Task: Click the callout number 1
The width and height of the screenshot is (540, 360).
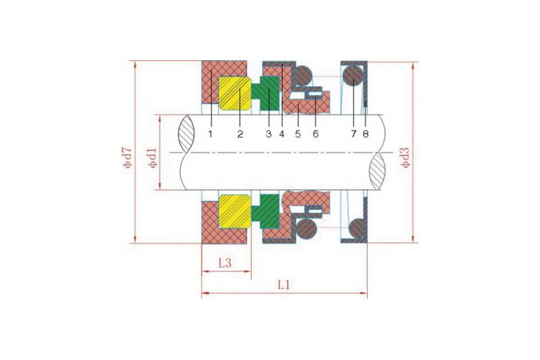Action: tap(211, 134)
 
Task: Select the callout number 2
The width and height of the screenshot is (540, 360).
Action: tap(240, 134)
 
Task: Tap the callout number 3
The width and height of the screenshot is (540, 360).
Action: tap(268, 134)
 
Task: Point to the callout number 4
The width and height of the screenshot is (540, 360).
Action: tap(282, 134)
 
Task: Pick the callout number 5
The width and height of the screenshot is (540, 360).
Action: tap(298, 134)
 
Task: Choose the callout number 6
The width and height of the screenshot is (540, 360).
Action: tap(315, 134)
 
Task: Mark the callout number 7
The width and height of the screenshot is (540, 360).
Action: tap(354, 134)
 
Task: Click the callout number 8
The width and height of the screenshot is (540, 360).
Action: tap(365, 134)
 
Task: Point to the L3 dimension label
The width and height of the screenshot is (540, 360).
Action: tap(225, 263)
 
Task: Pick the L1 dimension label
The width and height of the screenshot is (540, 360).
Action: tap(284, 285)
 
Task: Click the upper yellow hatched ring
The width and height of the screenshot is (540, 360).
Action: tap(235, 94)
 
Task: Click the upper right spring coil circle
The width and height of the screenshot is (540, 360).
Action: tap(354, 77)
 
